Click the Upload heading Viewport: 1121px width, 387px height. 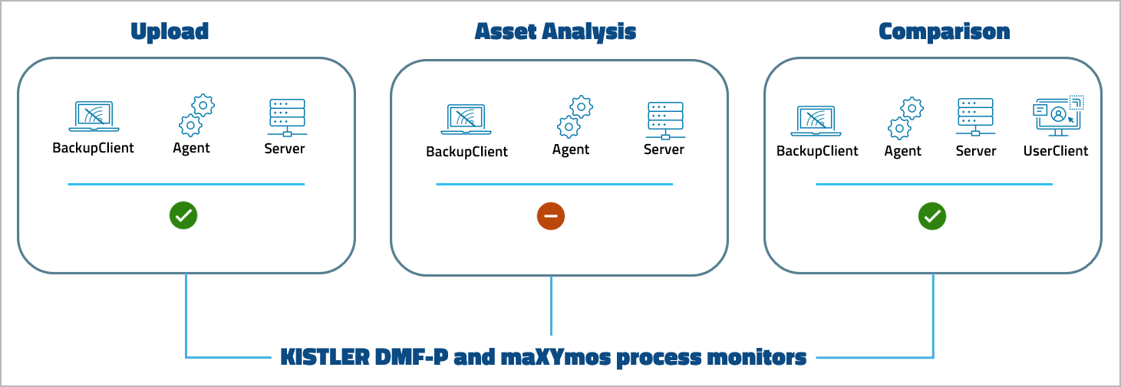(x=170, y=31)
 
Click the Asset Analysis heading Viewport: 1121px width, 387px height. (x=556, y=31)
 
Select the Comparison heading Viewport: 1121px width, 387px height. (x=944, y=31)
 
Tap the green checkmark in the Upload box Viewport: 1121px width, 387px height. (x=183, y=216)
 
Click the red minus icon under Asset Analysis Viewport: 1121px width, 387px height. (x=551, y=217)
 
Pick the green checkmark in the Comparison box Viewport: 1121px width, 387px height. (x=932, y=217)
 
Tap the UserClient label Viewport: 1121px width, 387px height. (x=1056, y=151)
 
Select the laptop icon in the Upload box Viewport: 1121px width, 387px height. (x=93, y=116)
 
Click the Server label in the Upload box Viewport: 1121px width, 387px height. (x=285, y=149)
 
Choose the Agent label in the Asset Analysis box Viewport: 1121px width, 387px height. (x=571, y=150)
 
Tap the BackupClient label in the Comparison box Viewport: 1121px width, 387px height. (x=817, y=151)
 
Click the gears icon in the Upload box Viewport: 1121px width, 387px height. (x=196, y=115)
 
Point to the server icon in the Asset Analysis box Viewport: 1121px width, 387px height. (x=664, y=119)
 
